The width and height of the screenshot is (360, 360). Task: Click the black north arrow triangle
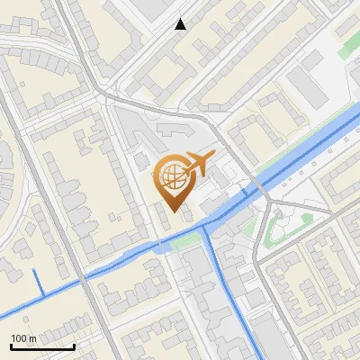(181, 24)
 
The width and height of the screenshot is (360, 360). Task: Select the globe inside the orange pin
(171, 175)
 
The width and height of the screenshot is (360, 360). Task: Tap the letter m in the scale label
(33, 338)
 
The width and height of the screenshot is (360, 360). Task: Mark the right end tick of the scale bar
(74, 346)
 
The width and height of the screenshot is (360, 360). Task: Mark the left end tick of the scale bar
(10, 346)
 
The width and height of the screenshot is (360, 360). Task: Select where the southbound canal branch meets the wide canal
(204, 227)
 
